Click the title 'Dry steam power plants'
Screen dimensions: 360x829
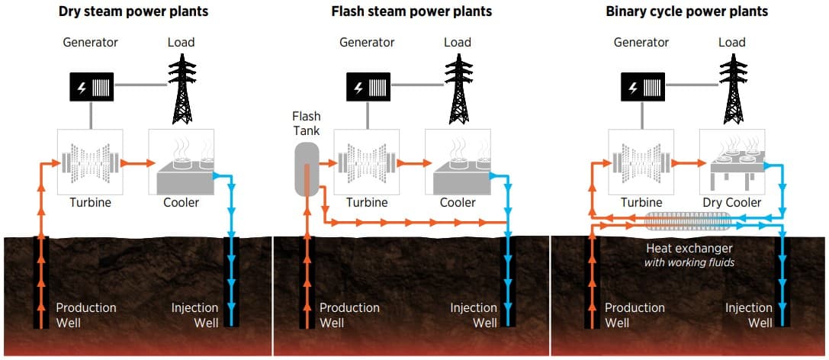coord(134,11)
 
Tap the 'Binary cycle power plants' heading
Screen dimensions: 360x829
coord(686,11)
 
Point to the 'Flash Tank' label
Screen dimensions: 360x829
coord(306,124)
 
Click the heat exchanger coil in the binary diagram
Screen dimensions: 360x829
coord(689,222)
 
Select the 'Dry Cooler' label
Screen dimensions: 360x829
coord(731,203)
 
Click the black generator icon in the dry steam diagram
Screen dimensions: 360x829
coord(90,88)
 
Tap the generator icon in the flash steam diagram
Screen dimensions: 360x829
coord(367,88)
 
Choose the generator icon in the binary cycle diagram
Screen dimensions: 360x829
coord(641,88)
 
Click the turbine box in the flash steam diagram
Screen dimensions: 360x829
coord(367,162)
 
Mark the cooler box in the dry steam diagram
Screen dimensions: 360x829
coord(181,162)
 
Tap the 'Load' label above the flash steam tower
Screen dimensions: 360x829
coord(458,42)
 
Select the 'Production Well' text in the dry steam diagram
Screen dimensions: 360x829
coord(86,315)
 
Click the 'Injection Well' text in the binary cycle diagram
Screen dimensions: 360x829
coord(749,315)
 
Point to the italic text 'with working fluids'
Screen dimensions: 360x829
coord(689,263)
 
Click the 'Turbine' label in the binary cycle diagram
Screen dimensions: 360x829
coord(641,203)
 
